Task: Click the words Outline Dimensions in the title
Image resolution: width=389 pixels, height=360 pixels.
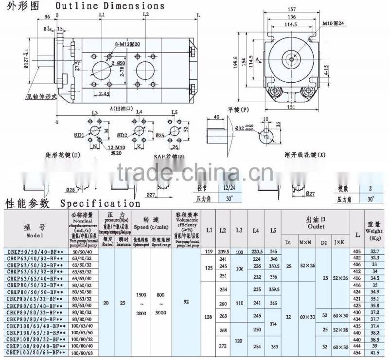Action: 109,6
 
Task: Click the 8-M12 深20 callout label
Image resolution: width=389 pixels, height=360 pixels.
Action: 128,44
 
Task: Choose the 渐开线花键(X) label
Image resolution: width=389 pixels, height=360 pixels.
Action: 304,155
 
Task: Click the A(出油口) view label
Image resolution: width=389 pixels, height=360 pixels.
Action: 122,108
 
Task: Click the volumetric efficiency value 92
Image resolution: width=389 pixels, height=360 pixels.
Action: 186,301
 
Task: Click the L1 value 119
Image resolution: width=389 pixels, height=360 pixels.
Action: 210,251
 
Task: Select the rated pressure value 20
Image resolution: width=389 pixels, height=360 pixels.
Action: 106,302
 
